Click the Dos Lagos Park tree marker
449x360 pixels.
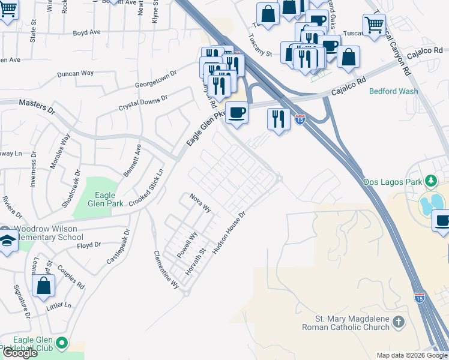point(430,181)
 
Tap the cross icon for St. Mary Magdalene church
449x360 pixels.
point(399,324)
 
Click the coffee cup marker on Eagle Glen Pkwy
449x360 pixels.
point(237,112)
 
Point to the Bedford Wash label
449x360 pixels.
point(394,92)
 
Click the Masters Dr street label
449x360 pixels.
point(37,107)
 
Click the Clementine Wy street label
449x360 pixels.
point(166,269)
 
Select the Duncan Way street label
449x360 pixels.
point(76,73)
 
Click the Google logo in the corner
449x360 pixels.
point(20,353)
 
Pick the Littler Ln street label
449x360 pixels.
point(59,305)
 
